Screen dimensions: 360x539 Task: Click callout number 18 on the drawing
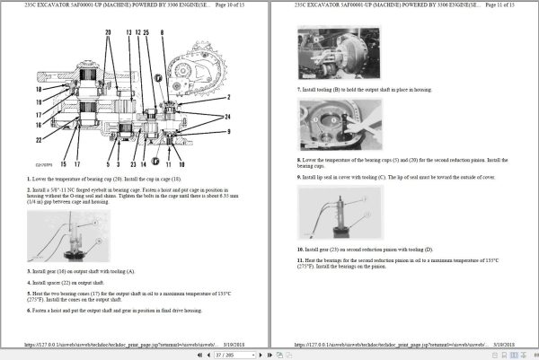click(x=39, y=90)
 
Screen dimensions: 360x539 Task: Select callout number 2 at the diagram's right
click(x=229, y=97)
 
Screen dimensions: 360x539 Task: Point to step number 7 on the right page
click(x=299, y=89)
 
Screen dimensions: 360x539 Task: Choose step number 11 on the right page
click(x=301, y=259)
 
